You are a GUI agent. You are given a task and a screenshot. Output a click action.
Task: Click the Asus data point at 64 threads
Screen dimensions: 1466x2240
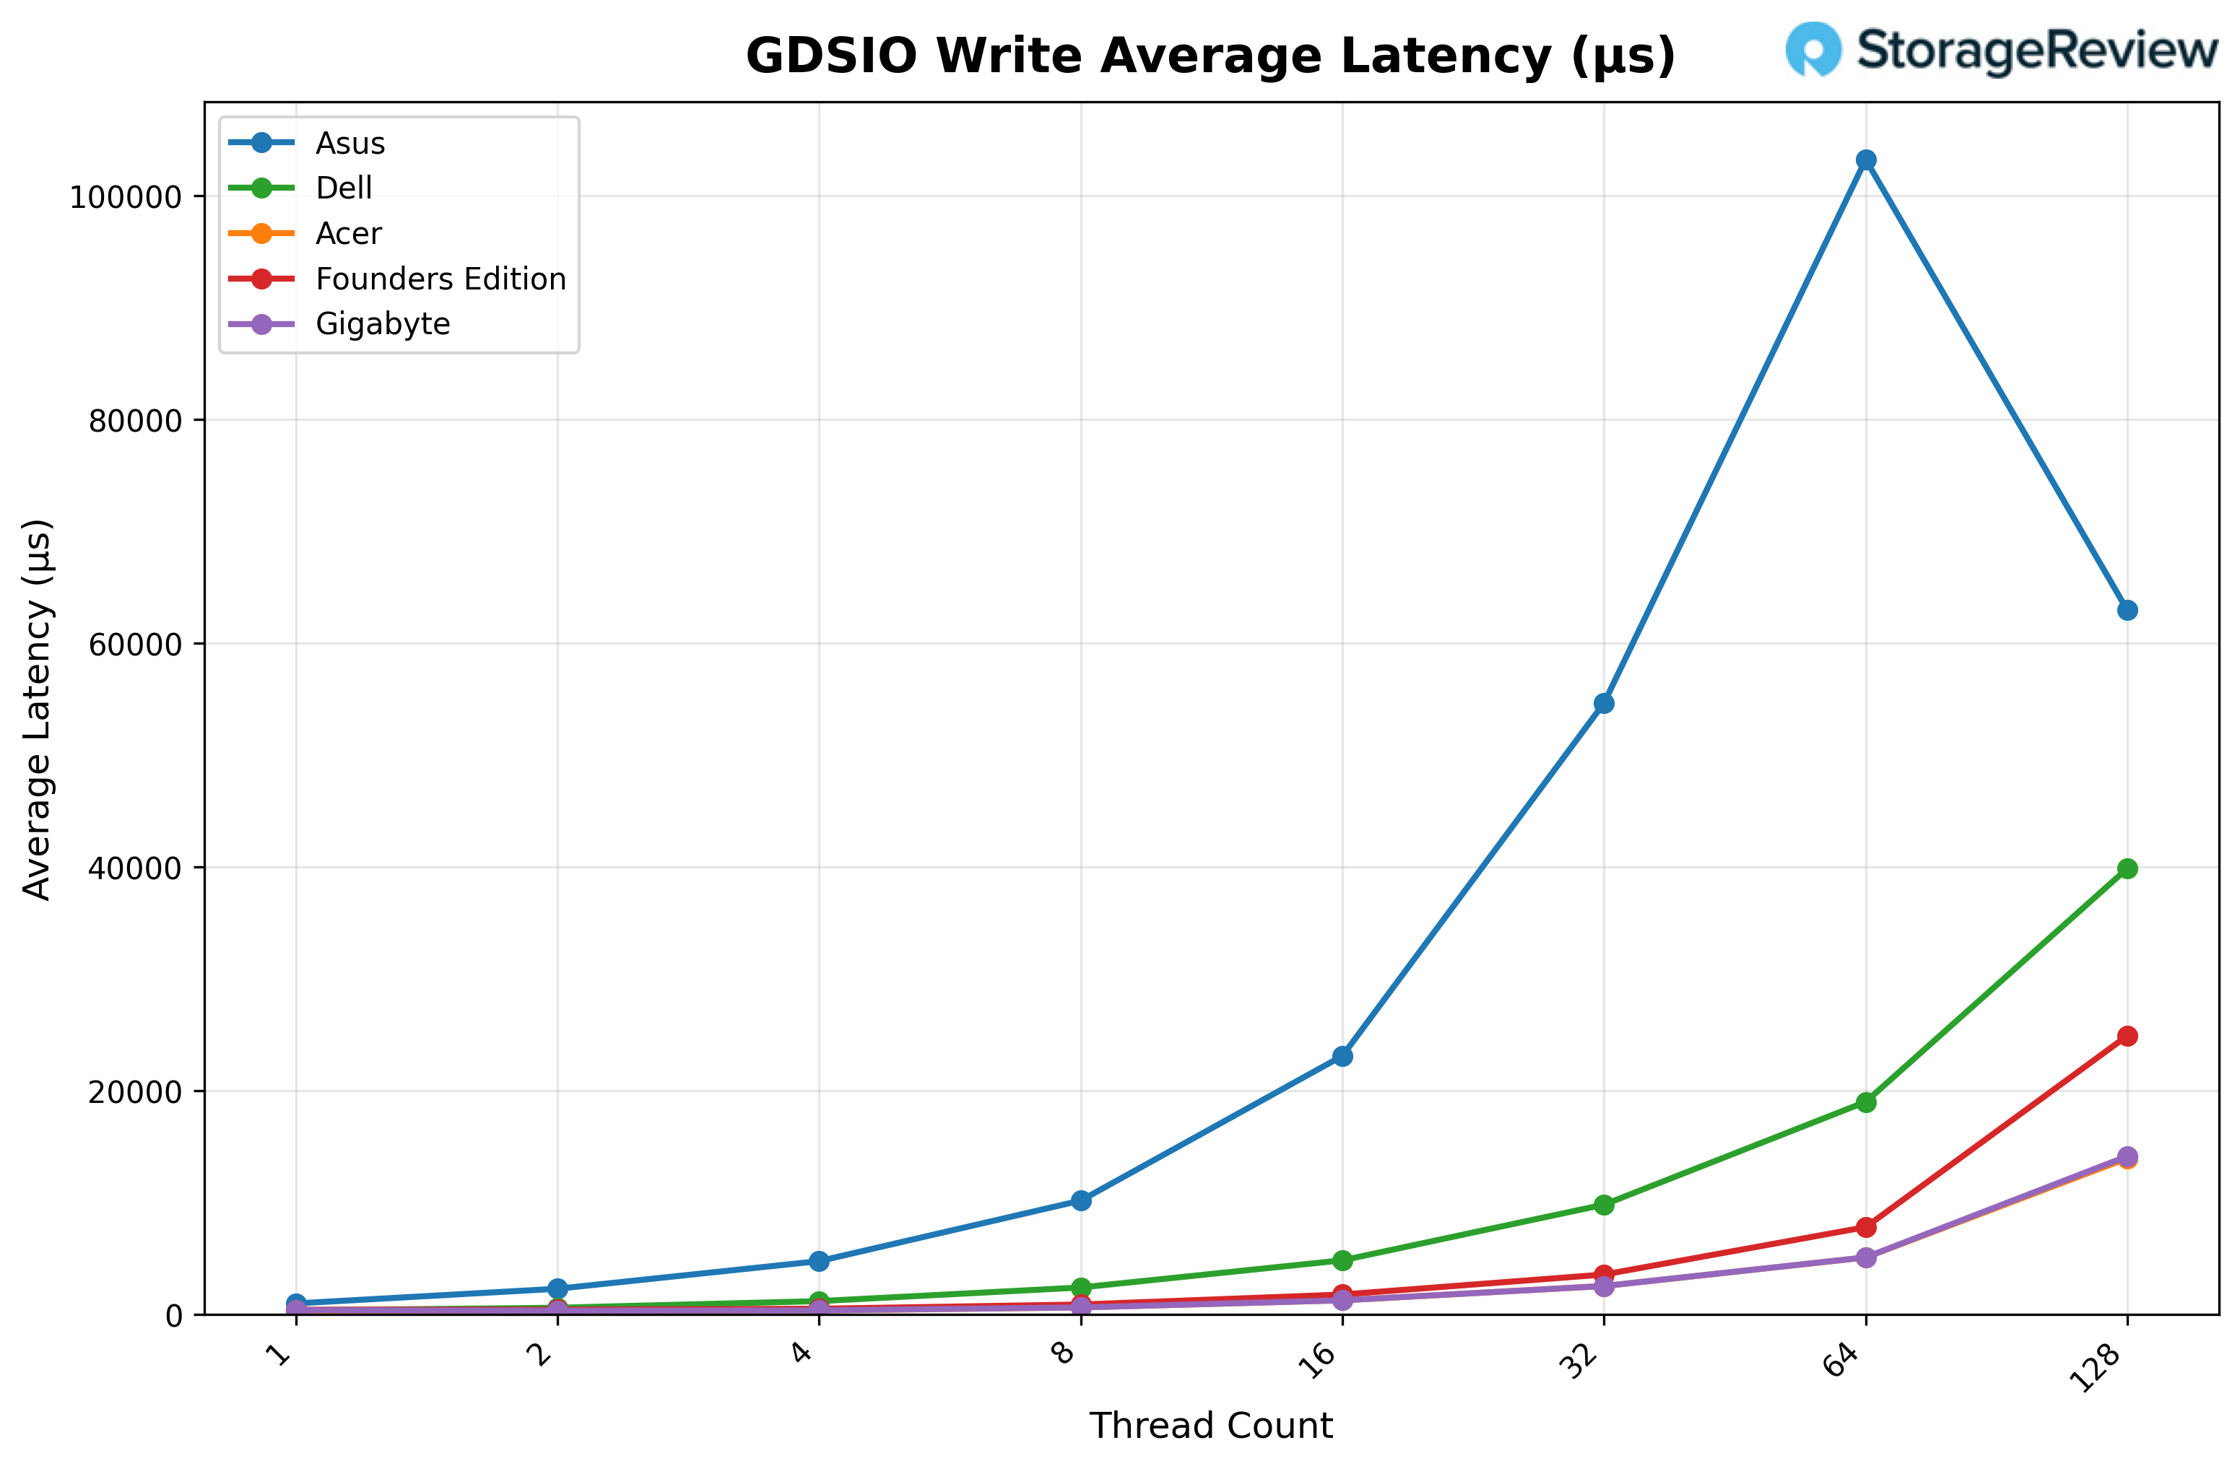coord(1865,160)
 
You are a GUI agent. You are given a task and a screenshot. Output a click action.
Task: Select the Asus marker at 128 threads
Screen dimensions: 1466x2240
coord(2127,611)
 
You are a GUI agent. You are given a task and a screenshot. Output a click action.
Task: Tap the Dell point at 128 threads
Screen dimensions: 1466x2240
coord(2127,868)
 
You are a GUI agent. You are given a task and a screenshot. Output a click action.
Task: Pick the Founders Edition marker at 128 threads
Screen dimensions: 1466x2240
coord(2127,1036)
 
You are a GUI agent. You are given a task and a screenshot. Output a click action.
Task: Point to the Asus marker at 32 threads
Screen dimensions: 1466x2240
coord(1604,704)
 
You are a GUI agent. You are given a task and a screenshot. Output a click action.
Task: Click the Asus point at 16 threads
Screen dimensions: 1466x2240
coord(1343,1057)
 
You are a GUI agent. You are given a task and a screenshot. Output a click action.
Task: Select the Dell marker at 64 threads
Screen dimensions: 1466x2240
coord(1865,1102)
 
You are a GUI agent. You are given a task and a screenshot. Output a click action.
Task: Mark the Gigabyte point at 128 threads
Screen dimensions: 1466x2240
coord(2127,1156)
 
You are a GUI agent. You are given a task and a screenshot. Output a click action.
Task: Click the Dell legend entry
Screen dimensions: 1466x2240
coord(344,188)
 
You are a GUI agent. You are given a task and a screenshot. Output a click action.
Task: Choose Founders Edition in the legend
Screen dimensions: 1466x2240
coord(440,279)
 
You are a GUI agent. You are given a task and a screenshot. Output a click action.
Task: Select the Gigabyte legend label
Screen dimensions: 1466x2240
coord(382,323)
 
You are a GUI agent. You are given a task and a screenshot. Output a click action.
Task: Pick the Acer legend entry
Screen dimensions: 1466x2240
coord(348,233)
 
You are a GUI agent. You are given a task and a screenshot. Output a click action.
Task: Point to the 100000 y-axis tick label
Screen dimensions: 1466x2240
coord(125,196)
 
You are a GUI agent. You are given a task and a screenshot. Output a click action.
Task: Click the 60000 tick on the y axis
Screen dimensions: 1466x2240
coord(134,645)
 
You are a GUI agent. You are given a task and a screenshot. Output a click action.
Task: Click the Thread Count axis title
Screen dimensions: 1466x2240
coord(1210,1426)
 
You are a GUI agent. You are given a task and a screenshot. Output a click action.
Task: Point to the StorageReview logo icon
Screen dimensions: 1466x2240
coord(1813,49)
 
